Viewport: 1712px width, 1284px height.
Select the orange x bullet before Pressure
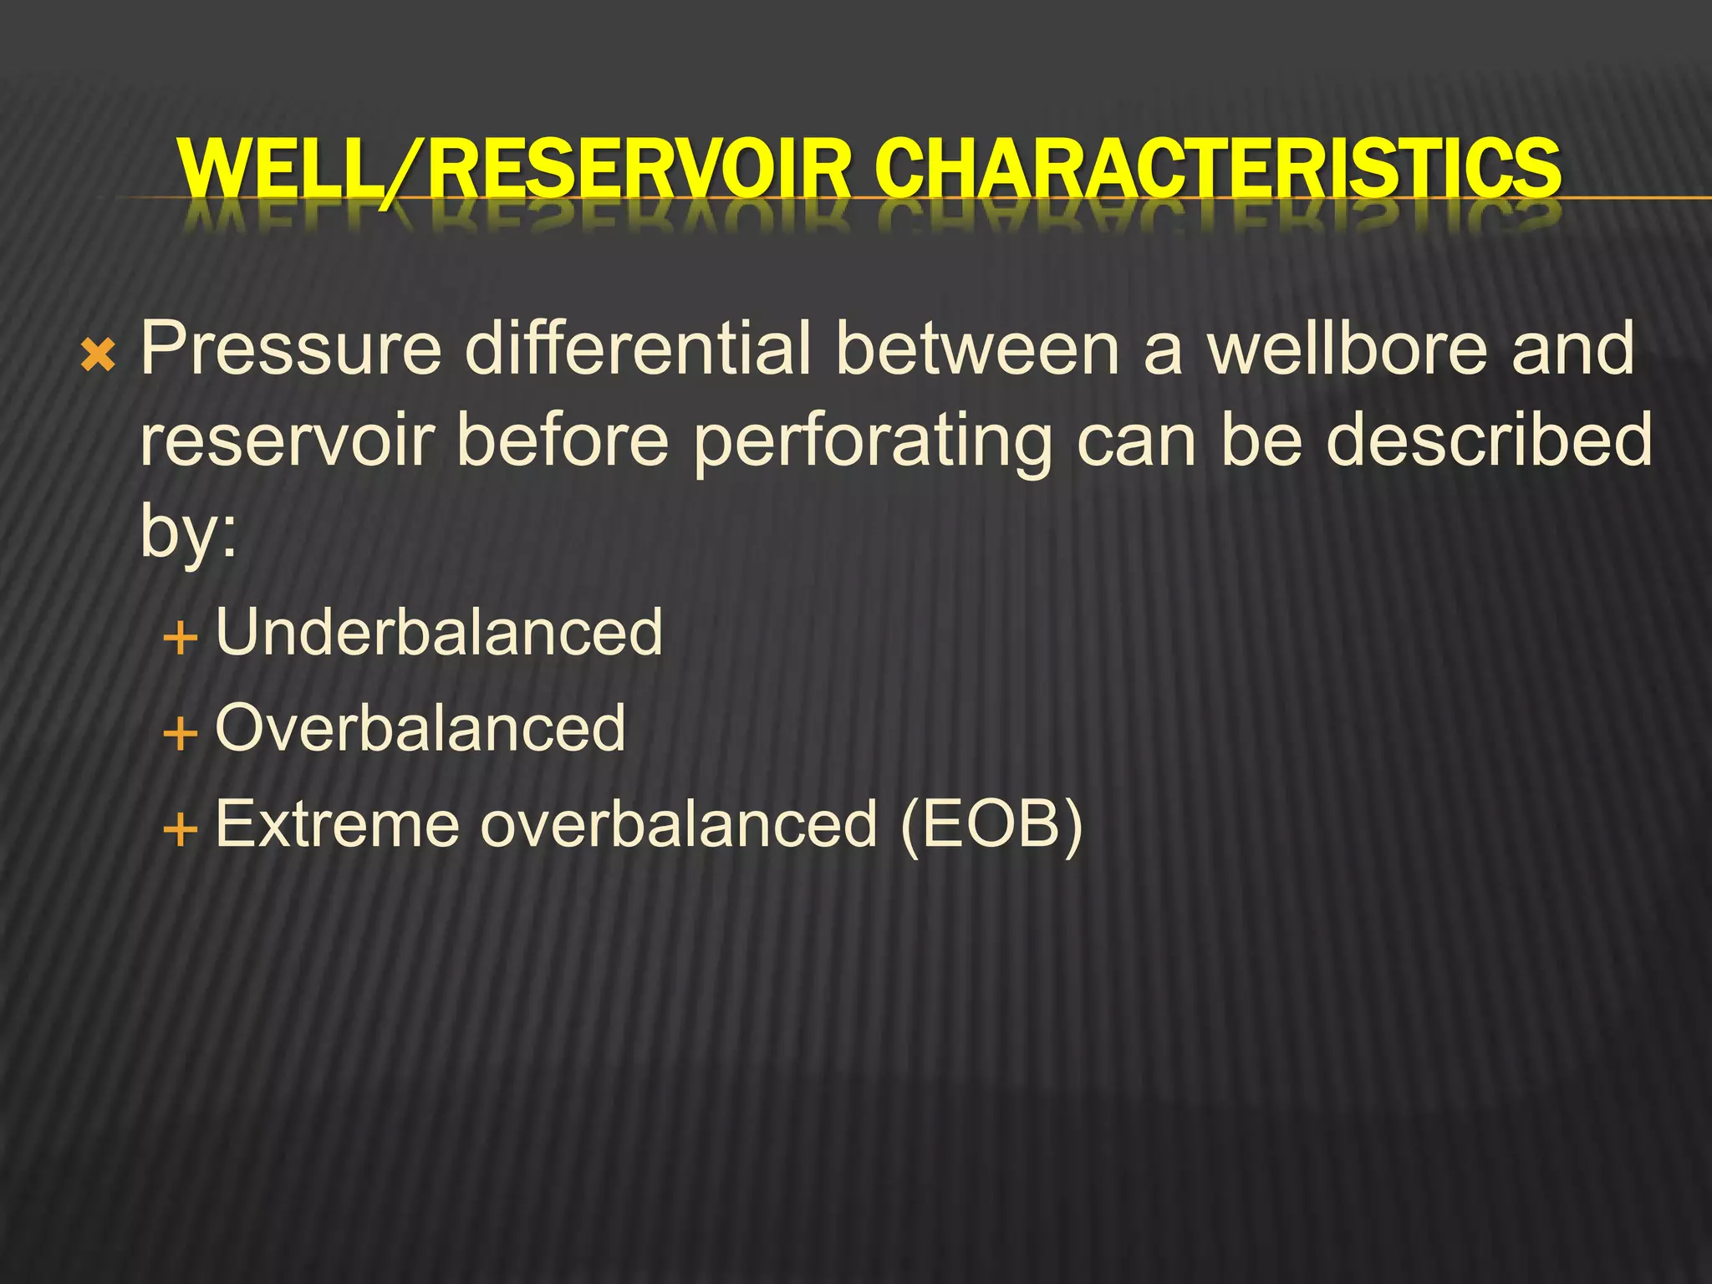pyautogui.click(x=98, y=357)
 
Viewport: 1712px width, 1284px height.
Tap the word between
pyautogui.click(x=977, y=349)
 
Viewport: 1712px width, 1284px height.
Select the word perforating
pyautogui.click(x=873, y=442)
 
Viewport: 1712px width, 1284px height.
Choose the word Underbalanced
pyautogui.click(x=439, y=633)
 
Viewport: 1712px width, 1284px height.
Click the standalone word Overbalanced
pyautogui.click(x=420, y=728)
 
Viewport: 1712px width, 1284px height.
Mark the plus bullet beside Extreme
pyautogui.click(x=181, y=831)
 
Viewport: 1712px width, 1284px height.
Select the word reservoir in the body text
pyautogui.click(x=288, y=441)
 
